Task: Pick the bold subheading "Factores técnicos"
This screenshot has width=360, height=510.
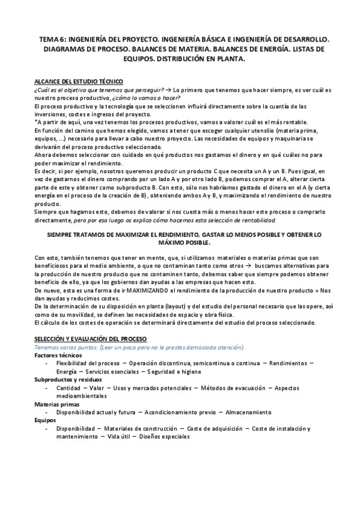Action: (58, 355)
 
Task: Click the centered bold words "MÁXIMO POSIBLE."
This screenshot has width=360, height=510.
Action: (180, 242)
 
